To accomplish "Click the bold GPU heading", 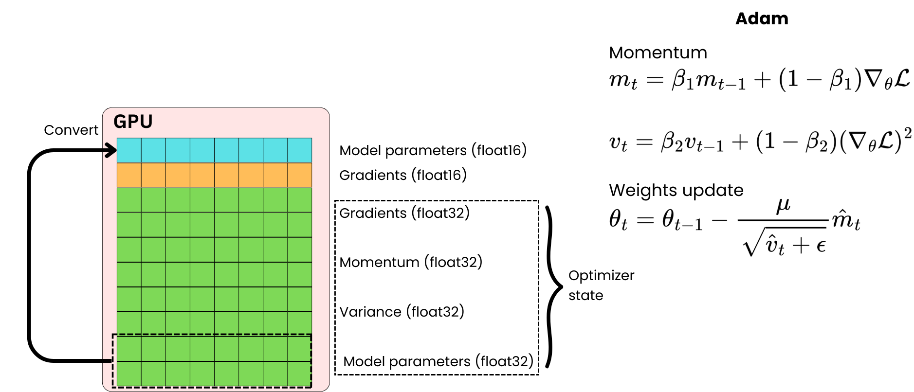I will pos(133,121).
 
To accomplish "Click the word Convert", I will pos(71,130).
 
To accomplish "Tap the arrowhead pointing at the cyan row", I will pos(111,151).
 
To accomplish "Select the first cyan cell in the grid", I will pos(129,150).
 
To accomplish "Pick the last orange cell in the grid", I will pos(299,175).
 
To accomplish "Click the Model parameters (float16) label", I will pos(433,150).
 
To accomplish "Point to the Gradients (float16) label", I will pos(402,175).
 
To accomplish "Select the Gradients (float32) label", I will pos(404,213).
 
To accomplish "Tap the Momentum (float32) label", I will pos(410,262).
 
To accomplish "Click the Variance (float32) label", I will pos(402,312).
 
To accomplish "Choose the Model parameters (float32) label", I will pos(438,361).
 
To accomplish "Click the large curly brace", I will pos(551,287).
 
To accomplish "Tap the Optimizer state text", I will pos(601,285).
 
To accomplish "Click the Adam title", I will pos(761,18).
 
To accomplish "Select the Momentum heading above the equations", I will pos(658,53).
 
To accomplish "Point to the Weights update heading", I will pos(676,190).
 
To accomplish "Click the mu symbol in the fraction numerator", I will pos(783,205).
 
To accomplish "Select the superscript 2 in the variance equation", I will pos(907,133).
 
